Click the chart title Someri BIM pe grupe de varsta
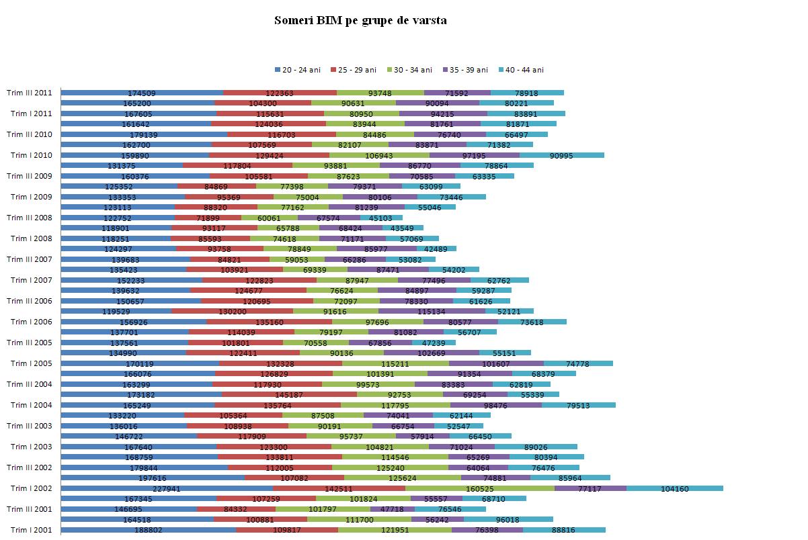(360, 20)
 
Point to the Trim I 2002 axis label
(31, 488)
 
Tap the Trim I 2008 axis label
(31, 238)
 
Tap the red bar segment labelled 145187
(289, 394)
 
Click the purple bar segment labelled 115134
(432, 311)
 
